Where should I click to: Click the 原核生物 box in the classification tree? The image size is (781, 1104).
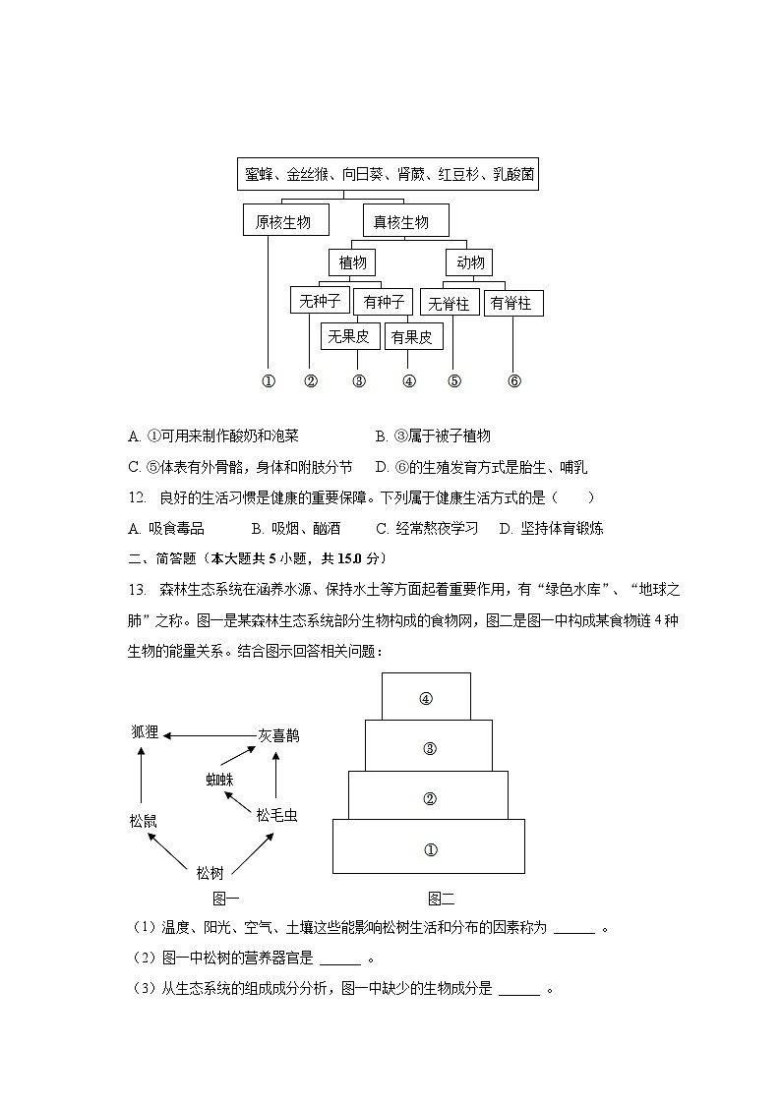pos(283,221)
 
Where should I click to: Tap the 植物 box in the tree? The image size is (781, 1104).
pos(352,262)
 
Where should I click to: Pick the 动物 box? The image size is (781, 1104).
pos(469,262)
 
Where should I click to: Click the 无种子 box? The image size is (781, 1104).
pos(320,301)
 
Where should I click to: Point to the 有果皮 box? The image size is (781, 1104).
pos(412,336)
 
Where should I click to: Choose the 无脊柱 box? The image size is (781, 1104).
pos(449,303)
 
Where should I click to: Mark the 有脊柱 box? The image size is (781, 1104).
pos(512,303)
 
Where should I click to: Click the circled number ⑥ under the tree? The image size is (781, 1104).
pos(513,381)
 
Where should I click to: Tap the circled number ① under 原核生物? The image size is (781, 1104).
pos(268,381)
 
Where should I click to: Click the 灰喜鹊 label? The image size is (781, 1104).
pos(278,734)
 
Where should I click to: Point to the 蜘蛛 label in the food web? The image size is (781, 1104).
pos(220,780)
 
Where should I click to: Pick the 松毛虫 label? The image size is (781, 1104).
pos(276,815)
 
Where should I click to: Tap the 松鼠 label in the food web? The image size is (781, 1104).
pos(143,820)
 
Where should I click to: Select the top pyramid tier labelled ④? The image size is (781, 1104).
pos(426,697)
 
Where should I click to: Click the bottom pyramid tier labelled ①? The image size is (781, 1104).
pos(429,848)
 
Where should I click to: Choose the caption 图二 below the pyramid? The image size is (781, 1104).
pos(441,898)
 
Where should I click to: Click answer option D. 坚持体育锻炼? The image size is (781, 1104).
pos(551,528)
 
